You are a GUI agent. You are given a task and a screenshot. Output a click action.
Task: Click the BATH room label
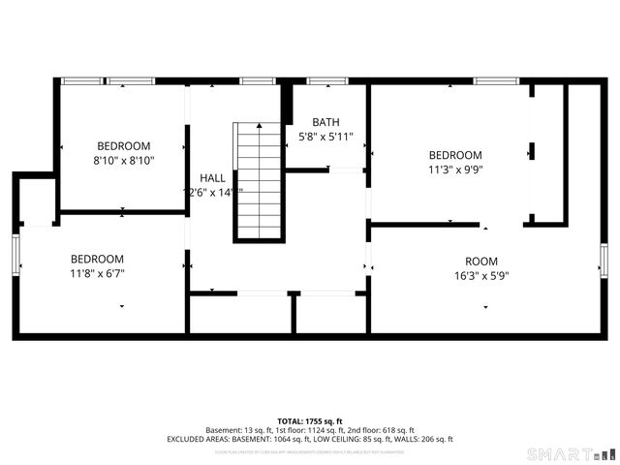[325, 122]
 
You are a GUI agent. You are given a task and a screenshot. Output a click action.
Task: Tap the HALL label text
[212, 178]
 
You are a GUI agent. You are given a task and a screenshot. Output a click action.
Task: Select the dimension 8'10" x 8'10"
[124, 160]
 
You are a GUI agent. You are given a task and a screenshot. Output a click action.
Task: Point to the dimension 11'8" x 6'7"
[97, 273]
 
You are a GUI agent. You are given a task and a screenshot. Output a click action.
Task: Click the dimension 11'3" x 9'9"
[455, 170]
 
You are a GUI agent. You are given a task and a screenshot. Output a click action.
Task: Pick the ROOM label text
[480, 261]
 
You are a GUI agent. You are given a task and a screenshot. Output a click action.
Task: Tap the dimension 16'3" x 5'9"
[480, 275]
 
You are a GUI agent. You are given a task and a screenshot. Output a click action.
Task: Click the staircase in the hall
[259, 181]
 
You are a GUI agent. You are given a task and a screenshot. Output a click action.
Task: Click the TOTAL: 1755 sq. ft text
[310, 420]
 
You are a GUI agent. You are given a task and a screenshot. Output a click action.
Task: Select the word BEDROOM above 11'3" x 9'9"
[455, 155]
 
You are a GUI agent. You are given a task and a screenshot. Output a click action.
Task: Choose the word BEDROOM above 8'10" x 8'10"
[124, 145]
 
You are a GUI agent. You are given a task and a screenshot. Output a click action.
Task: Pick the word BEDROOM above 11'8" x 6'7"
[97, 259]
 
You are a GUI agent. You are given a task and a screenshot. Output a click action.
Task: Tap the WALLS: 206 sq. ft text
[424, 439]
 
